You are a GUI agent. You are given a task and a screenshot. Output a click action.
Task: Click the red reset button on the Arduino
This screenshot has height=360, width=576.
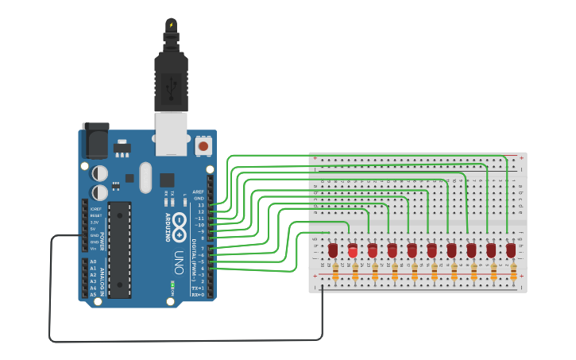203,146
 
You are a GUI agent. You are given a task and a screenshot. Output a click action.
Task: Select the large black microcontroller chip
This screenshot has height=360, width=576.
119,249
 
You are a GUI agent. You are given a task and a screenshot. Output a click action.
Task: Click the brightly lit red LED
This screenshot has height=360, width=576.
353,252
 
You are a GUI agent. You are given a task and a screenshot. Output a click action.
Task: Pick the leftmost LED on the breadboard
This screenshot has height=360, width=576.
333,250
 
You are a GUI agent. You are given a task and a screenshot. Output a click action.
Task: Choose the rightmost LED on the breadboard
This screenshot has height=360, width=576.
511,250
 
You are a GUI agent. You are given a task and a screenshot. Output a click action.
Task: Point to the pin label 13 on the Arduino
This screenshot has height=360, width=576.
201,205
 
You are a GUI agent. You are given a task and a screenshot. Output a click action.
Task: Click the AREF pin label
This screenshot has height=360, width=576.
199,192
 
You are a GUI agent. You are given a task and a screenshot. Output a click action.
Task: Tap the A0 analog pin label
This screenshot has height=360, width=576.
93,261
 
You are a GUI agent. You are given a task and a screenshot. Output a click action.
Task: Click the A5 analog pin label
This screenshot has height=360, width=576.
93,294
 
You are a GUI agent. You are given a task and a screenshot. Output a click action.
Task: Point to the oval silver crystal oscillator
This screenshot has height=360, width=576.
144,177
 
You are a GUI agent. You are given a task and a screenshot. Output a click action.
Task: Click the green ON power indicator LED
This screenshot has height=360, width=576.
172,284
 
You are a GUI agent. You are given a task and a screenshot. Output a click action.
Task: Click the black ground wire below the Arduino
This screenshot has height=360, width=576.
183,340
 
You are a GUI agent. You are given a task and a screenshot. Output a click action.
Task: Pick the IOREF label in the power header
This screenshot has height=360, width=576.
95,208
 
